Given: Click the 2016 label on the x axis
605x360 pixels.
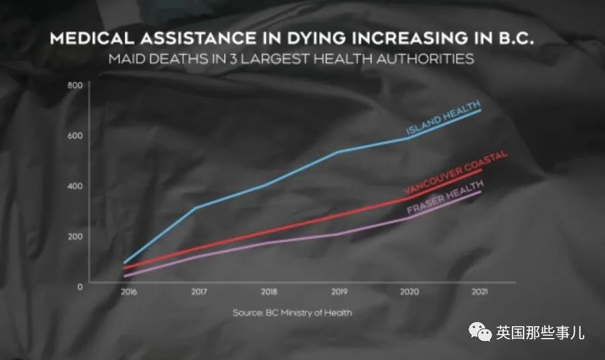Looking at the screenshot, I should coord(126,292).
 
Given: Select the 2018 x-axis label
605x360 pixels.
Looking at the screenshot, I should coord(268,292).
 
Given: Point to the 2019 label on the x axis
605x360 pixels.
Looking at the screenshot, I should coord(339,292).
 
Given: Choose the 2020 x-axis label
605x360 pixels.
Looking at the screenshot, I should coord(409,292).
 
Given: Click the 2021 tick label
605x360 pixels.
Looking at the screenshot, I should coord(480,292).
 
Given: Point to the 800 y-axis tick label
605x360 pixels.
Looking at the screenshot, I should coord(74,85).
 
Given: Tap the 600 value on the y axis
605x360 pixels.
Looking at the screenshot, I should coord(74,136).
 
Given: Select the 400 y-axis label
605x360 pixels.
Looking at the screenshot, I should coord(74,186).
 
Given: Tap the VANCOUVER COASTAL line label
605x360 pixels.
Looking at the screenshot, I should coord(456,173).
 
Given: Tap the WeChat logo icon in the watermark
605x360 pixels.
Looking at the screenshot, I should coord(480,333).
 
